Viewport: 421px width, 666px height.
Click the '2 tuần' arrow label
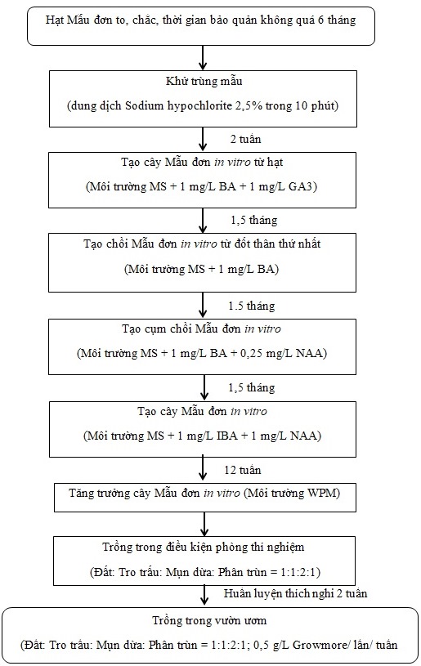coord(245,139)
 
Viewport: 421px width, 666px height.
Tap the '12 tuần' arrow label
coord(243,470)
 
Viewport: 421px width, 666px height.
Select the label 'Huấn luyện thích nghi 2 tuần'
coord(295,593)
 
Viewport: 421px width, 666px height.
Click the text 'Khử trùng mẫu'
coord(204,81)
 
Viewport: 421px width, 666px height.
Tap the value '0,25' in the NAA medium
coord(252,353)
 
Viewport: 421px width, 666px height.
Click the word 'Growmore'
coord(320,646)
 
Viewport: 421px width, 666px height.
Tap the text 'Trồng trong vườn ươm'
coord(209,620)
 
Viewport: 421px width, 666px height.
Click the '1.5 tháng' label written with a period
coord(252,306)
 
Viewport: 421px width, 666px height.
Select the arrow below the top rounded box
coord(203,57)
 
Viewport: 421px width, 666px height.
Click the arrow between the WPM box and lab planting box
coord(204,524)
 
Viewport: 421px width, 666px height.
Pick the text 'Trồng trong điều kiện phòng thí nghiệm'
coord(203,547)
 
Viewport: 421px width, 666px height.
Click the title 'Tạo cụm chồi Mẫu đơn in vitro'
coord(201,329)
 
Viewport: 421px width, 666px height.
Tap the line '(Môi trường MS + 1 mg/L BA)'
coord(201,269)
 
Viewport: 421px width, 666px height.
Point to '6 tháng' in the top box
coord(337,20)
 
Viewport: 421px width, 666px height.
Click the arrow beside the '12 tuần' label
coord(203,468)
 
